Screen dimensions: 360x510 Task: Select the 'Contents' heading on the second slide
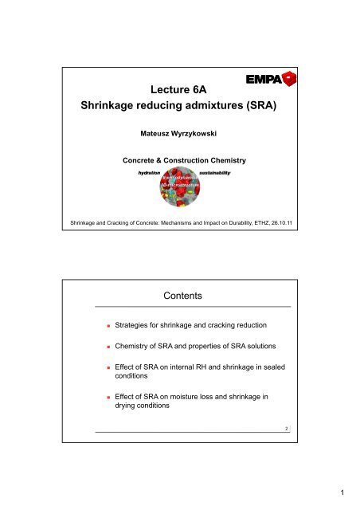pyautogui.click(x=179, y=297)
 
